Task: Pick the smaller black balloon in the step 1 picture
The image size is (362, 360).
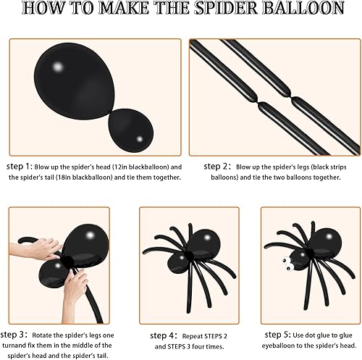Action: click(x=131, y=127)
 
